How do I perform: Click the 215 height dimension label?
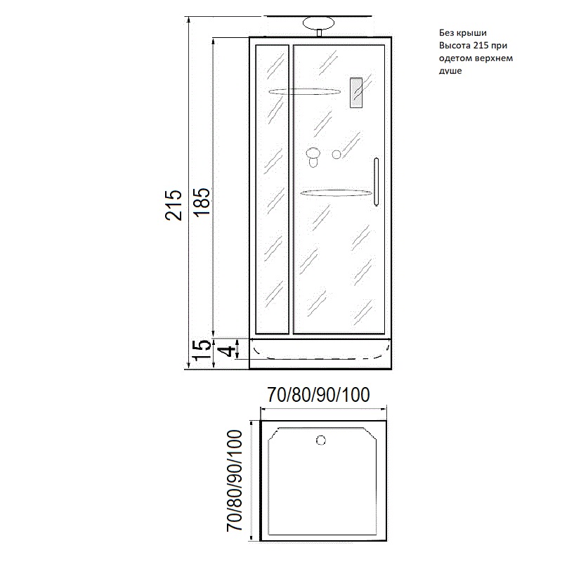pyautogui.click(x=174, y=204)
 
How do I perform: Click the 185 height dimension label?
pyautogui.click(x=202, y=202)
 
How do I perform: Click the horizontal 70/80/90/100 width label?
pyautogui.click(x=319, y=395)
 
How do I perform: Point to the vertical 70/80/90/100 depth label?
pyautogui.click(x=235, y=481)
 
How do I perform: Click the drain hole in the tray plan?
pyautogui.click(x=321, y=440)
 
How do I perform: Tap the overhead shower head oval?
pyautogui.click(x=319, y=23)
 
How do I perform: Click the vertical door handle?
pyautogui.click(x=377, y=182)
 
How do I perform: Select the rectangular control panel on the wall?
pyautogui.click(x=356, y=93)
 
